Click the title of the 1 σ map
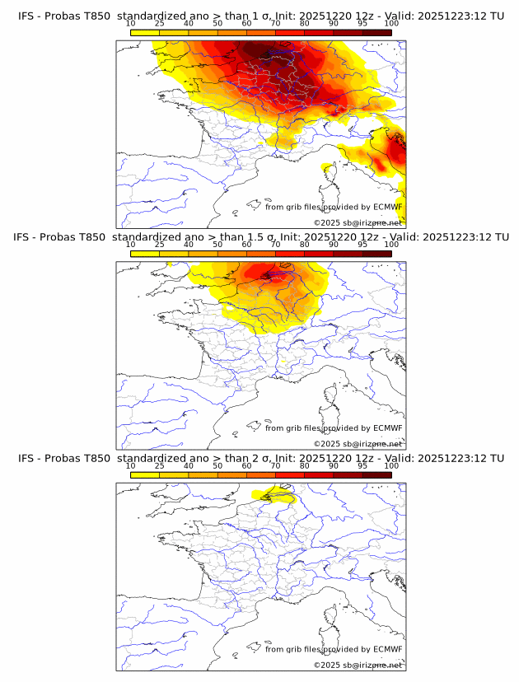260,16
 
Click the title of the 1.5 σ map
260,236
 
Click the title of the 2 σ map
260,458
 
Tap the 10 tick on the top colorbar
131,24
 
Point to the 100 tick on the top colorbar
391,24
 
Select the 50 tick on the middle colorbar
217,245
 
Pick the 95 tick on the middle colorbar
362,245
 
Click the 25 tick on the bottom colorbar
160,466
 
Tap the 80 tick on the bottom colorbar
305,466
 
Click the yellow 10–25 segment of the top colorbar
145,32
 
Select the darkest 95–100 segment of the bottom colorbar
376,475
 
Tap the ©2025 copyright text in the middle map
358,443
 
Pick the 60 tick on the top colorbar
246,24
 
